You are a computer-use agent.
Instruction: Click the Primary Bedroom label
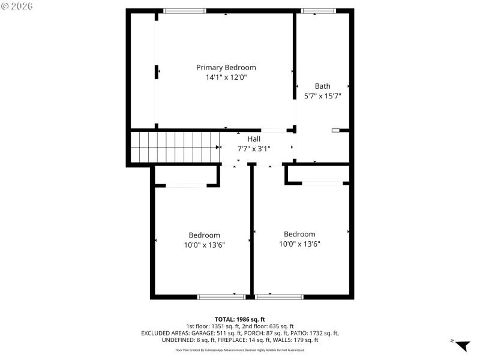(226, 67)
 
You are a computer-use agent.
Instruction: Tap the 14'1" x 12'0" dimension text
(226, 77)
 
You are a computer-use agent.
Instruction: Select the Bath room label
(322, 86)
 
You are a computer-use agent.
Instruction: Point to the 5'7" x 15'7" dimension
(322, 96)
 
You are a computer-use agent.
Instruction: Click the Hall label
(254, 139)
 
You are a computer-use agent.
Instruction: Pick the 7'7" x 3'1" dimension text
(254, 148)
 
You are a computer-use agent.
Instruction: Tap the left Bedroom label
(204, 235)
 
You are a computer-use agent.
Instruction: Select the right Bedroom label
(299, 234)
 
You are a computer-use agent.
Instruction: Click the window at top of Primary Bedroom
(185, 11)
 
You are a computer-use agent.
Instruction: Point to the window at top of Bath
(319, 11)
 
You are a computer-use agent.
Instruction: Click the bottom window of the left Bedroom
(221, 296)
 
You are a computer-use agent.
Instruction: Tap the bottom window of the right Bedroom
(279, 296)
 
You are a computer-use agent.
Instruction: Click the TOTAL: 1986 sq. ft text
(240, 319)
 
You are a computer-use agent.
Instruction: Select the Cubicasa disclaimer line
(240, 350)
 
